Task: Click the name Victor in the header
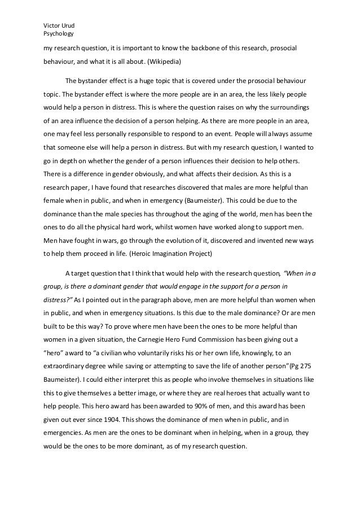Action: coord(52,25)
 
